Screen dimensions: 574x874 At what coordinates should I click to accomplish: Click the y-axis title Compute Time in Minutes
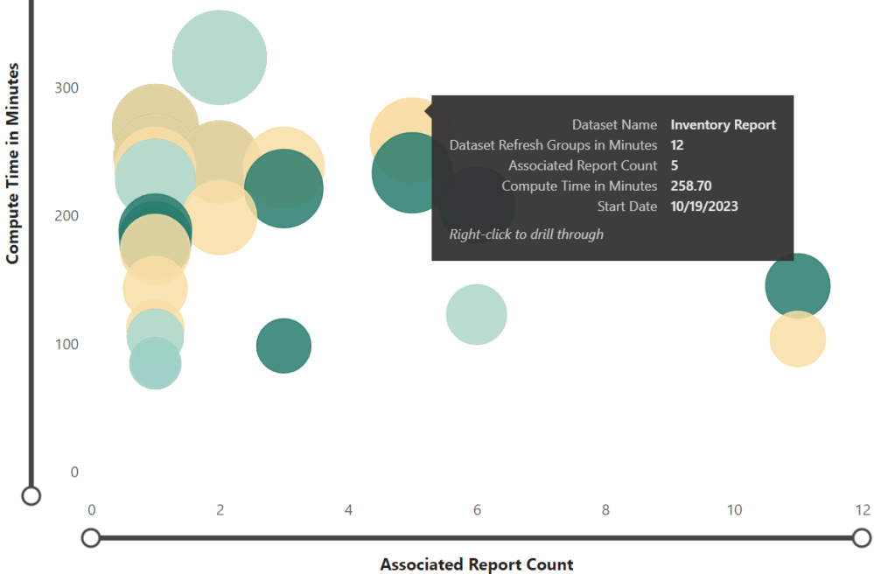(x=12, y=162)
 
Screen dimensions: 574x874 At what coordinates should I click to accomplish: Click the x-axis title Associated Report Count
(x=476, y=564)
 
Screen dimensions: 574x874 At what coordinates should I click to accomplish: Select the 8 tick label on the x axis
(x=605, y=511)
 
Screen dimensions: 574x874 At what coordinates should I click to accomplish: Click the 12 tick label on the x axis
(x=863, y=511)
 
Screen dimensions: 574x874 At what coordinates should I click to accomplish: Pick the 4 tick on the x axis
(x=348, y=511)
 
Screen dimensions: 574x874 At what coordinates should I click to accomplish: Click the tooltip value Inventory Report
(x=723, y=125)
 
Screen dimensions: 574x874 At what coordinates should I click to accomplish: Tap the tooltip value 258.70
(x=690, y=185)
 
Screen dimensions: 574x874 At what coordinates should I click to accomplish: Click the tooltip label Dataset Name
(x=614, y=125)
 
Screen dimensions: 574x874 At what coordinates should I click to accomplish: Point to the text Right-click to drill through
(x=527, y=234)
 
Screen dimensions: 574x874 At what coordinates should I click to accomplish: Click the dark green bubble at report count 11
(x=797, y=285)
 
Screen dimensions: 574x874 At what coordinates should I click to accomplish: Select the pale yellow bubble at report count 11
(x=797, y=339)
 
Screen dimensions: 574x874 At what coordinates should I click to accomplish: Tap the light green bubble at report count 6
(x=476, y=314)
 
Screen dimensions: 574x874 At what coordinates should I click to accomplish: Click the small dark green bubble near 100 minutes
(x=283, y=346)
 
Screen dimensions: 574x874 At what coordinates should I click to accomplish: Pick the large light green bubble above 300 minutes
(x=220, y=58)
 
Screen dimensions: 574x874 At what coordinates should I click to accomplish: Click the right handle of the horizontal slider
(x=862, y=537)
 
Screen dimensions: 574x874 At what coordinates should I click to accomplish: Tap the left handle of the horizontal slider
(x=90, y=537)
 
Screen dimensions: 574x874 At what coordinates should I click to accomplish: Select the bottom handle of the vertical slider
(x=31, y=496)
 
